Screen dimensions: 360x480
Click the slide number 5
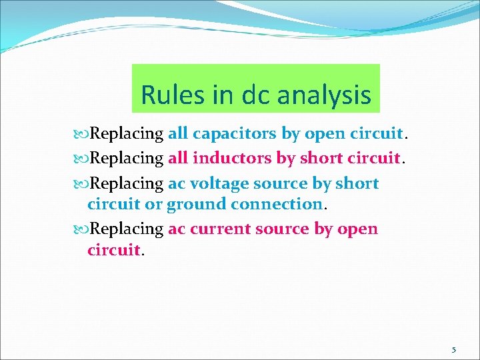pos(454,349)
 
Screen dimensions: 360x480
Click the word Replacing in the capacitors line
pos(127,133)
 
